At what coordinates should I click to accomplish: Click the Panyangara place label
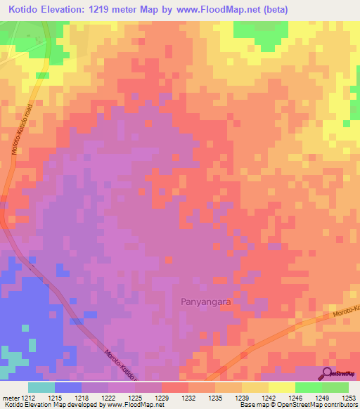click(x=202, y=301)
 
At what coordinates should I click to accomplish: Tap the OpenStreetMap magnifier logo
click(x=326, y=373)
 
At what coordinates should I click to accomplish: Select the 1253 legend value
click(x=347, y=398)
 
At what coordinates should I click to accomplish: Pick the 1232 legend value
click(x=188, y=398)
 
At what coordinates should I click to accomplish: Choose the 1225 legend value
click(x=134, y=398)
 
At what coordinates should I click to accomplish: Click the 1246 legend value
click(x=295, y=398)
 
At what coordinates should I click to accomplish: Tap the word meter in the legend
click(x=9, y=398)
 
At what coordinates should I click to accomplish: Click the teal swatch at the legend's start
click(x=41, y=387)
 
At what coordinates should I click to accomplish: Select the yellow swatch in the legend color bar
click(x=281, y=387)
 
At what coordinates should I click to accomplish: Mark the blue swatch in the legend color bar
click(x=68, y=387)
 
